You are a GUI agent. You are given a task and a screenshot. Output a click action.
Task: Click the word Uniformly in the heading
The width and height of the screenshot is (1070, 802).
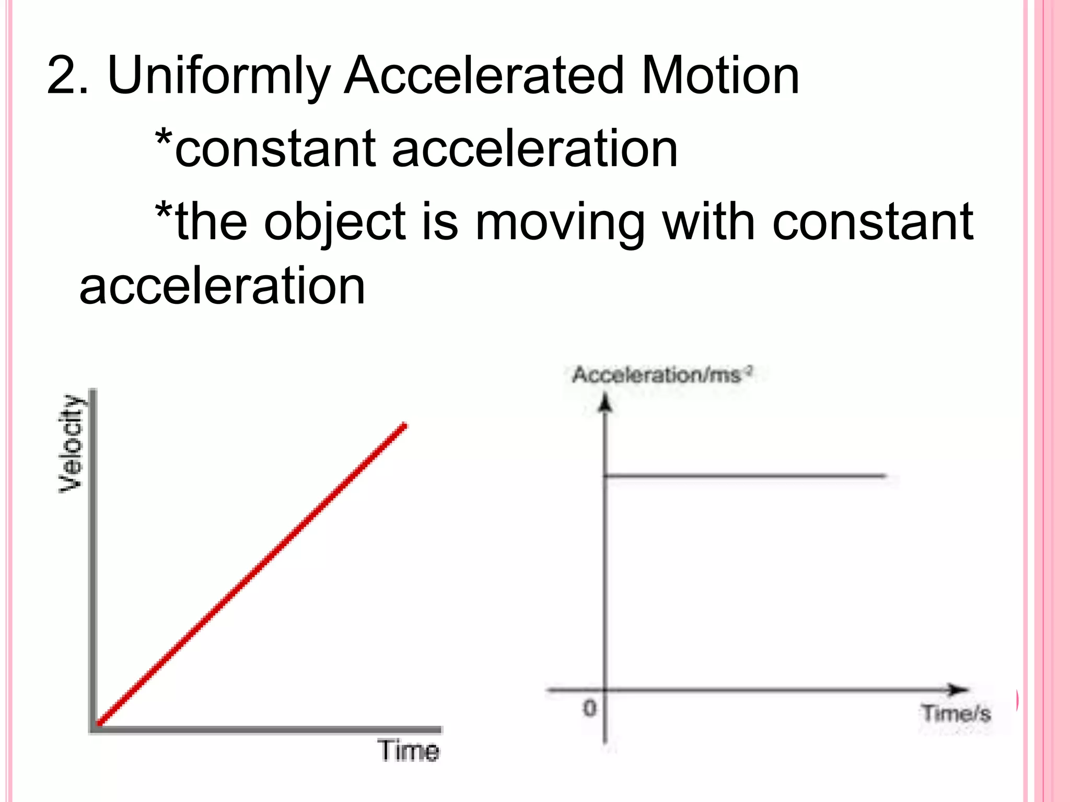coord(218,76)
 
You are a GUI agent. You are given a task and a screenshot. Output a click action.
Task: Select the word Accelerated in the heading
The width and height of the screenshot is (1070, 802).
coord(484,76)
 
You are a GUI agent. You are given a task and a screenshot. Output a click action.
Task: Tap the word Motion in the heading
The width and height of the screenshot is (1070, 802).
coord(720,76)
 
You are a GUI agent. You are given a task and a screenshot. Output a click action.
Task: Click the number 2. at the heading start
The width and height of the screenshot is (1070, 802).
coord(67,76)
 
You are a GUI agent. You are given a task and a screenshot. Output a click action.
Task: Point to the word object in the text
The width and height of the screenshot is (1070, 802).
coord(334,222)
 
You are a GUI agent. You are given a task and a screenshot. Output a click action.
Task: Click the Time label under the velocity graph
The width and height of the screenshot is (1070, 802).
coord(409,751)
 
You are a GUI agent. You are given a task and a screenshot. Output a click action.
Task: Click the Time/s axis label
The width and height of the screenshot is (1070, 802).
coord(956,713)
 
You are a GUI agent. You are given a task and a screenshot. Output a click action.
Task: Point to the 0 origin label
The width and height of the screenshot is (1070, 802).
coord(589,709)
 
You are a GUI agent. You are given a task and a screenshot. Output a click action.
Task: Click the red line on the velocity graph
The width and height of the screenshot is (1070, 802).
coord(251,574)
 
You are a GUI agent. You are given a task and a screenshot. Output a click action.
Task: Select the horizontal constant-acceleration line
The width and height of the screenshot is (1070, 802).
coord(745,476)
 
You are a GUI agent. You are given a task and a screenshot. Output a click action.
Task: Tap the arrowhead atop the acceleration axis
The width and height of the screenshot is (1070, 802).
coord(605,403)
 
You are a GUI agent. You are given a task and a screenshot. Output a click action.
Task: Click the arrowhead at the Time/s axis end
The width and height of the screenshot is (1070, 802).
coord(959,690)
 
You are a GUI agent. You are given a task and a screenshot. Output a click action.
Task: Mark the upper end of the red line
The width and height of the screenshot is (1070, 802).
coord(404,426)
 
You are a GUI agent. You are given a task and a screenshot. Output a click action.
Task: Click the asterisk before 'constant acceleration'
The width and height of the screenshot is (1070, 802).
coord(164,138)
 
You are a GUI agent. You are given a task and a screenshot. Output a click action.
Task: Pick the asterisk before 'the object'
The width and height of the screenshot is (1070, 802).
coord(164,211)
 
